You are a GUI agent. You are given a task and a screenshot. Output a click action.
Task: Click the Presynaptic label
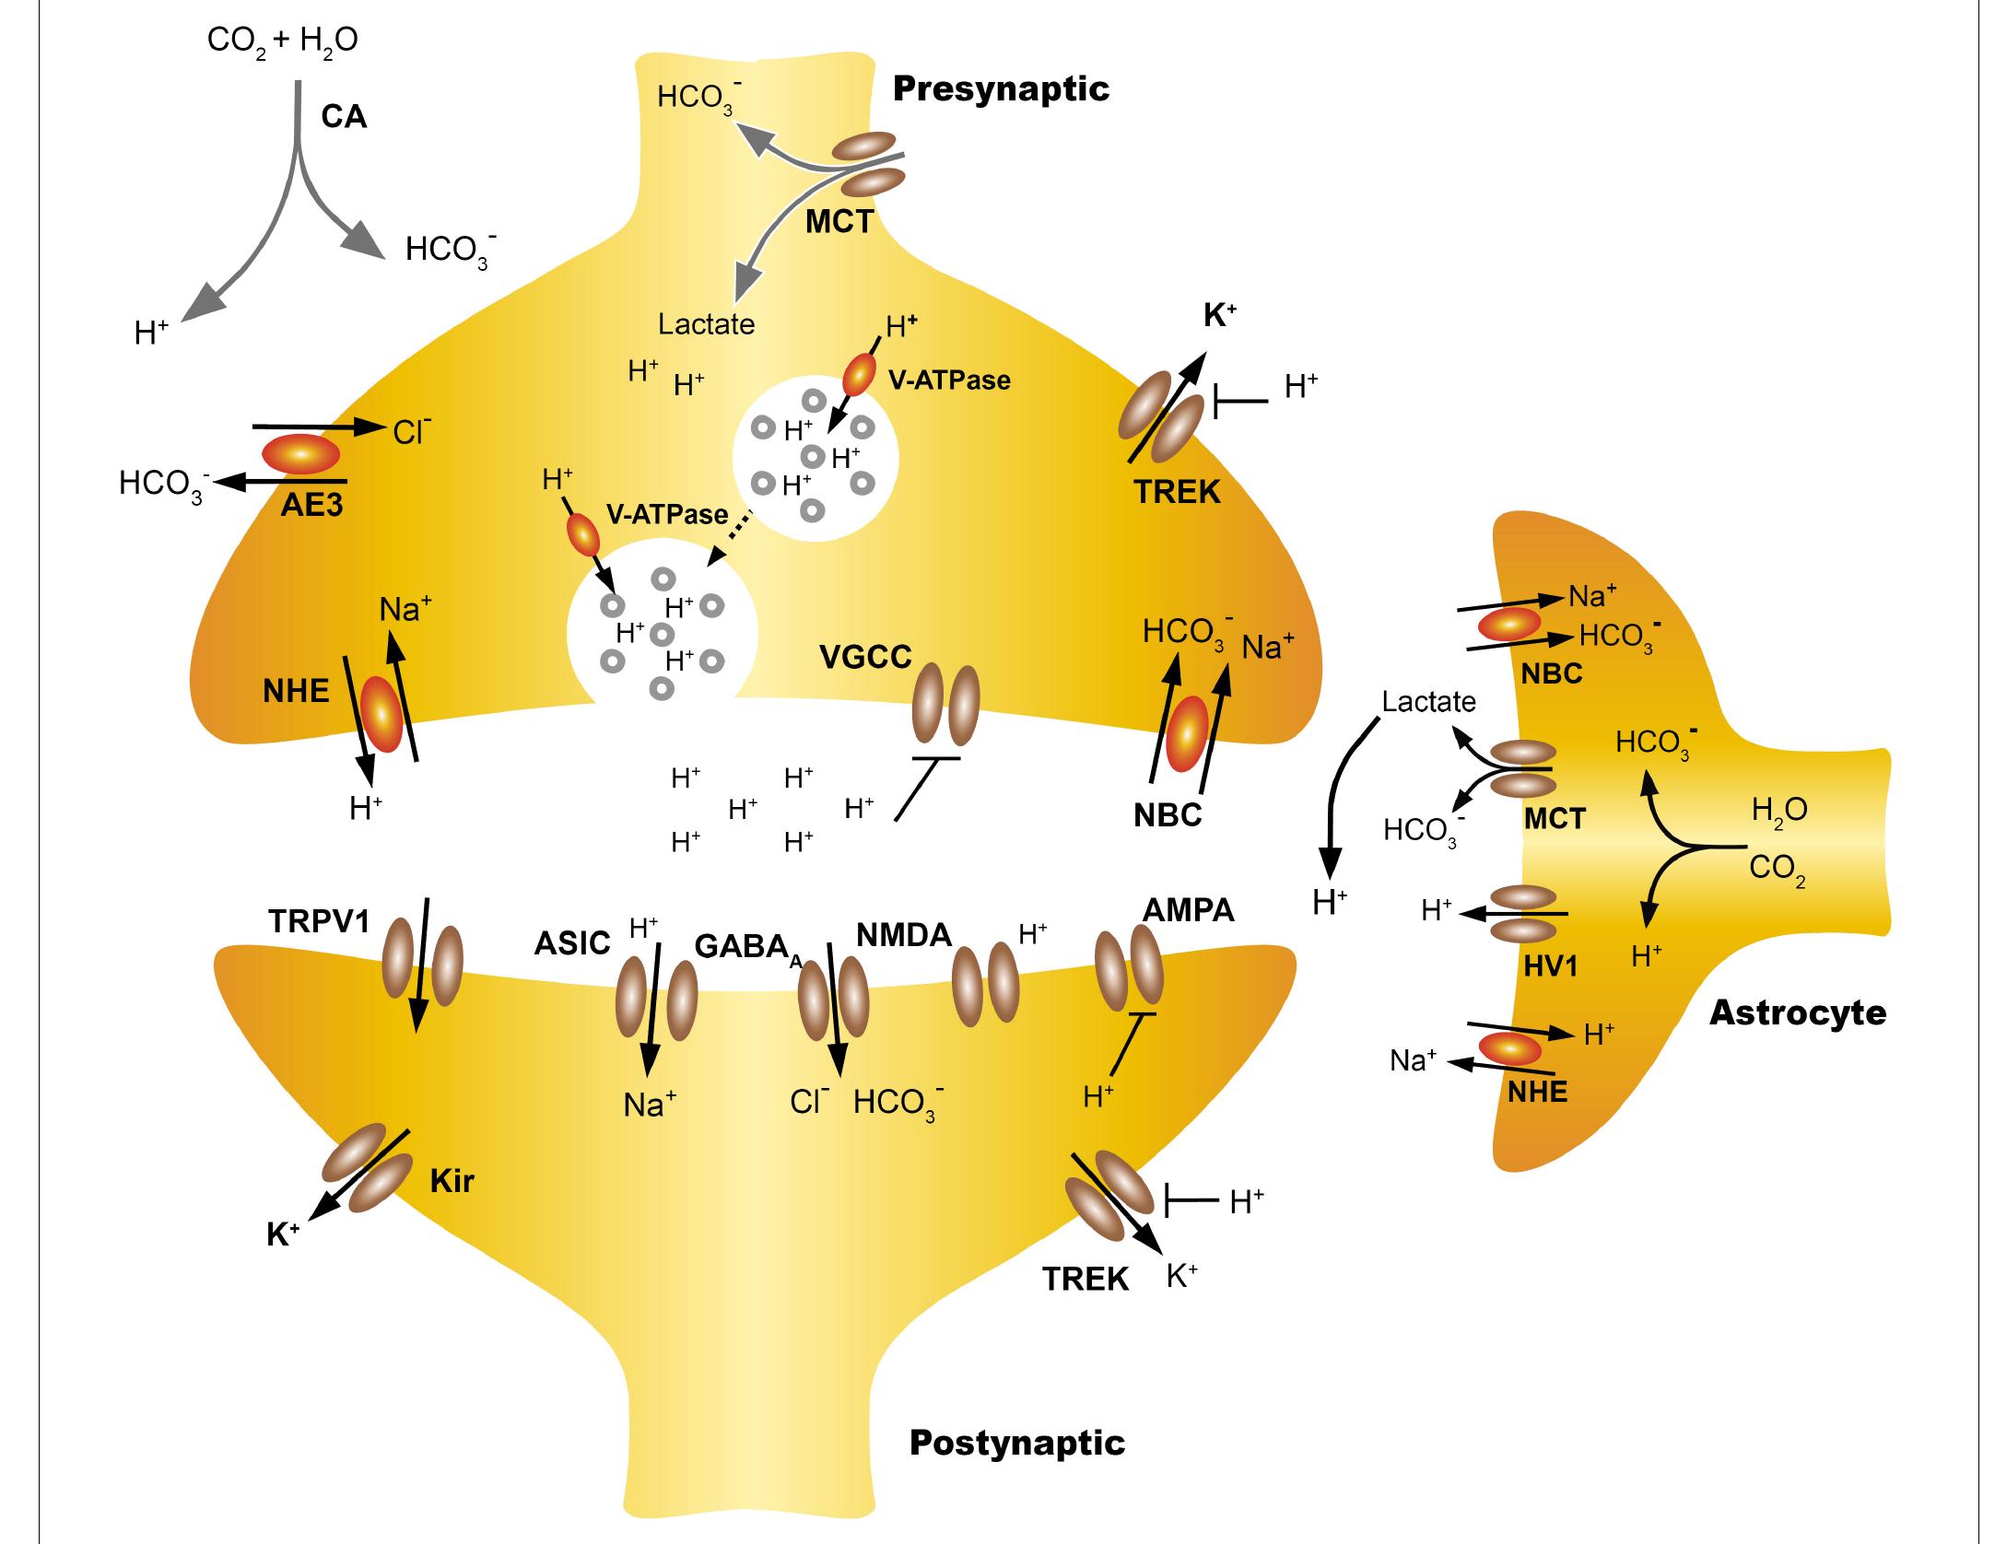(x=1001, y=89)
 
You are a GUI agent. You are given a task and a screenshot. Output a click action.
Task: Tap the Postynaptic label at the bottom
(x=1016, y=1442)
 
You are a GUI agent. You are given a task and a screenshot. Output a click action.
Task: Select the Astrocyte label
(x=1797, y=1013)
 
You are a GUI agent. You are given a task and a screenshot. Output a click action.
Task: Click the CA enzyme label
(x=344, y=117)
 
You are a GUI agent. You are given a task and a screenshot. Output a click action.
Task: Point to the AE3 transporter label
(x=311, y=505)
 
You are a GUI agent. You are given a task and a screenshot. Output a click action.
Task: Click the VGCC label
(x=865, y=657)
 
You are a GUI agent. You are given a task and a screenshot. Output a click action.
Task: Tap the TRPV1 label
(x=319, y=920)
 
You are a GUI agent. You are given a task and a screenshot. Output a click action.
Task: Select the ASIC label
(x=572, y=942)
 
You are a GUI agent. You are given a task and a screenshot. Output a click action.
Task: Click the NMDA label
(x=903, y=936)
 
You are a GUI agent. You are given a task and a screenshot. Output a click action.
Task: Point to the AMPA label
(x=1188, y=910)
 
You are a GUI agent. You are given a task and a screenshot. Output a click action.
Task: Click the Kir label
(x=452, y=1181)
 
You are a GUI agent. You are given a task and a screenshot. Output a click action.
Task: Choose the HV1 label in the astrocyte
(x=1551, y=965)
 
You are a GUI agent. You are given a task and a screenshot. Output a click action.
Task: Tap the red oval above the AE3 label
(x=301, y=453)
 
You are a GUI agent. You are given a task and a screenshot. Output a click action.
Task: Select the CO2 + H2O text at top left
(x=282, y=41)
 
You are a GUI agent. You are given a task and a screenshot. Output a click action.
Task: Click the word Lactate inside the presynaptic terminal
(x=706, y=324)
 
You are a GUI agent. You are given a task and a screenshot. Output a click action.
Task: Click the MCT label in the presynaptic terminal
(x=839, y=222)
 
